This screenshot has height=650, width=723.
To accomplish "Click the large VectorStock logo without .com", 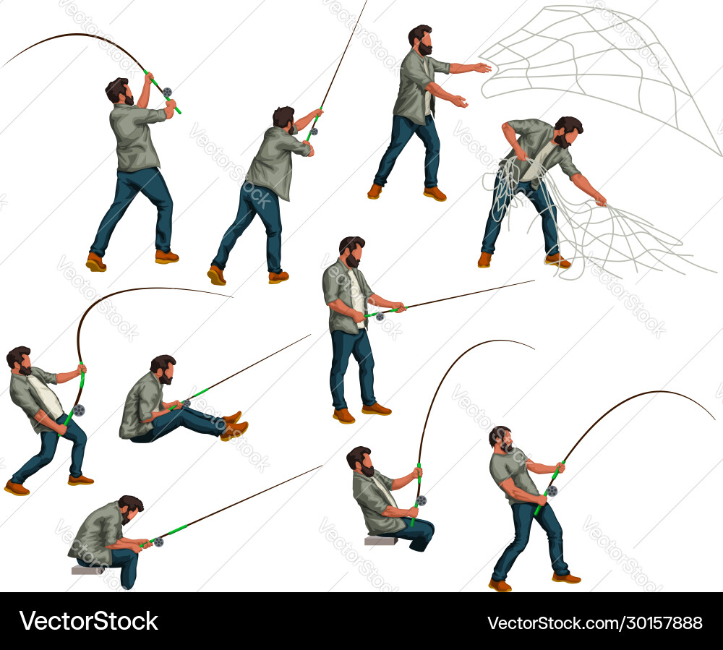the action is (x=88, y=620).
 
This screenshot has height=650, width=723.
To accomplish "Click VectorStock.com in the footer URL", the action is (x=553, y=623).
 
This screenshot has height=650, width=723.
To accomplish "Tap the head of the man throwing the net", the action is (x=421, y=40).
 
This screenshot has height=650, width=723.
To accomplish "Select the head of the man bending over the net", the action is (x=568, y=131).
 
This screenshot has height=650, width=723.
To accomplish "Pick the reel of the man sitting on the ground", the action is (x=187, y=404).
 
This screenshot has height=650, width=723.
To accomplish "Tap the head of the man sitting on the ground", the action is (x=163, y=369).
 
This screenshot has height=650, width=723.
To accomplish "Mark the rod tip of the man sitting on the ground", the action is (x=310, y=335).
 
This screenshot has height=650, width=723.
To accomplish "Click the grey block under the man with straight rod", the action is (x=87, y=570).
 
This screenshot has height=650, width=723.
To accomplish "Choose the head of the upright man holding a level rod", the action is (x=353, y=252).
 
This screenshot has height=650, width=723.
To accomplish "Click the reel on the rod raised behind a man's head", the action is (x=167, y=93).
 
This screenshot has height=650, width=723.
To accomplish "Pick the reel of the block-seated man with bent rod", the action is (x=421, y=500).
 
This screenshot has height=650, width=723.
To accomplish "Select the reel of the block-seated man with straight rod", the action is (x=158, y=542).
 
